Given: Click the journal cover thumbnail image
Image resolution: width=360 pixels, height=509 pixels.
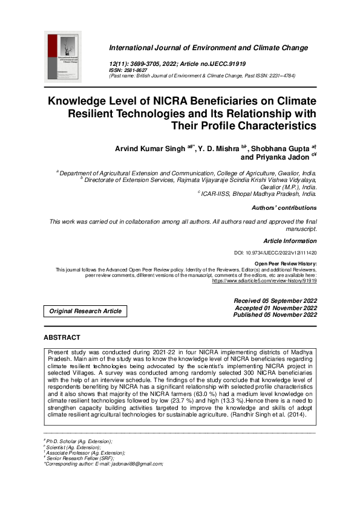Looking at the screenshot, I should pyautogui.click(x=63, y=57).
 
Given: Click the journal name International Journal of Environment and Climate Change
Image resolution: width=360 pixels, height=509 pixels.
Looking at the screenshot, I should pyautogui.click(x=208, y=48).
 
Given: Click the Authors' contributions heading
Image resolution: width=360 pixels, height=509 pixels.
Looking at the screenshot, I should pyautogui.click(x=284, y=208).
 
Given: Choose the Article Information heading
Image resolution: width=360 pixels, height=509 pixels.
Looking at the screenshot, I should pyautogui.click(x=290, y=241).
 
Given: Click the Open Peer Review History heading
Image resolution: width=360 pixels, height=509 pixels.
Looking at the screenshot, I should pyautogui.click(x=286, y=264).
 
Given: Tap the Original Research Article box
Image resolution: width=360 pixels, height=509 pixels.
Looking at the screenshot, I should pyautogui.click(x=85, y=311).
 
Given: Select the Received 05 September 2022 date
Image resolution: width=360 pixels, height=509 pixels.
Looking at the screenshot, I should pyautogui.click(x=275, y=300).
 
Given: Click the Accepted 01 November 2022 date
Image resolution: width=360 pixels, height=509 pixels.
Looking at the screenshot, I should pyautogui.click(x=276, y=308).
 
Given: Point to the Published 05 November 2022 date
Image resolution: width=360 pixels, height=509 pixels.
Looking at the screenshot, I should pyautogui.click(x=275, y=315).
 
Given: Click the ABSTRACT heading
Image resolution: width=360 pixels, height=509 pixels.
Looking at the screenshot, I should pyautogui.click(x=62, y=337).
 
